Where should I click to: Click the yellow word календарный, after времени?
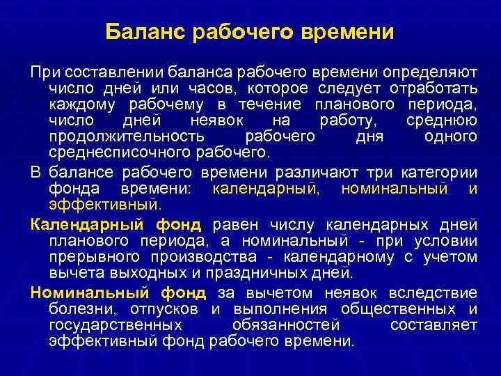[x=267, y=188]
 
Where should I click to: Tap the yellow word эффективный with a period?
[x=105, y=204]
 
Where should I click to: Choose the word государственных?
[x=116, y=324]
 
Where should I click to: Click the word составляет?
[x=434, y=324]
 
